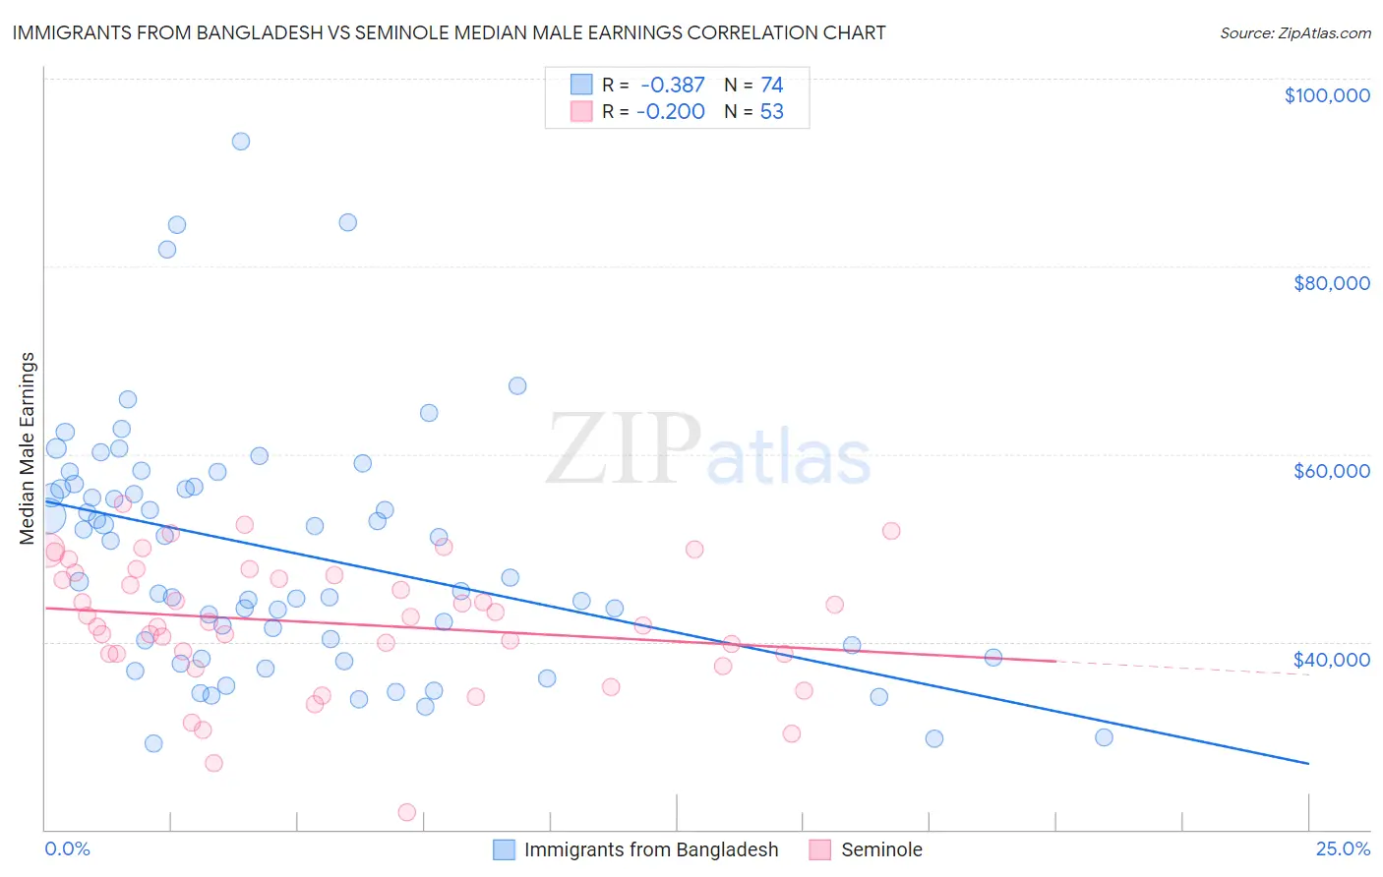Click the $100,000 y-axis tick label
[1327, 95]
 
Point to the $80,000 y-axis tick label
[1331, 283]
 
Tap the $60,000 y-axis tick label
[1331, 471]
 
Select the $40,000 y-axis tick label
[1331, 659]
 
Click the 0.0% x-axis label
[67, 848]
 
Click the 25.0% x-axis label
[1343, 848]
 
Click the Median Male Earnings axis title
[27, 448]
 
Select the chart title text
[449, 32]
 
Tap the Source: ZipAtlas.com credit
[1294, 32]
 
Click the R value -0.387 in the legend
[673, 86]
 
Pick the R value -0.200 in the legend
[671, 112]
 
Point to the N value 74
[771, 86]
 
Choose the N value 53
[771, 112]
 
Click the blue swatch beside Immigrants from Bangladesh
[505, 849]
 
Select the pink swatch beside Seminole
[820, 849]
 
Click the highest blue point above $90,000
[240, 142]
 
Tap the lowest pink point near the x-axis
[406, 812]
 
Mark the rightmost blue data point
[1104, 737]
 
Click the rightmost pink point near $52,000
[891, 531]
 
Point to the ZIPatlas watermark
[708, 451]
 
